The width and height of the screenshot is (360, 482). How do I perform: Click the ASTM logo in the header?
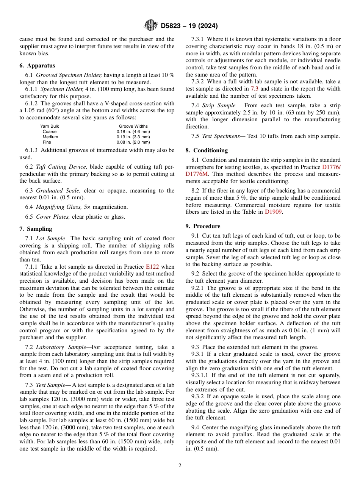(150, 26)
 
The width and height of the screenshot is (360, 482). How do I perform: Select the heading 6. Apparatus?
(37, 66)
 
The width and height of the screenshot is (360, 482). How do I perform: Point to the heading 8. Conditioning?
(207, 150)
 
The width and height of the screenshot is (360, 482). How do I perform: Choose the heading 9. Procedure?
(203, 226)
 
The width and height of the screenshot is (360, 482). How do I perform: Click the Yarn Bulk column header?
(50, 126)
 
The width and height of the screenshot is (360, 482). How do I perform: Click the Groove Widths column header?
(133, 126)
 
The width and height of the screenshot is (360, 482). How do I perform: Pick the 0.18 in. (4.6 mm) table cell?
(133, 131)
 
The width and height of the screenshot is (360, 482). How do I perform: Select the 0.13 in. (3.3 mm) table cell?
(133, 137)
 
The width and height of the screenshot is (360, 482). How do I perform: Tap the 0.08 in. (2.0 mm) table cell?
(133, 142)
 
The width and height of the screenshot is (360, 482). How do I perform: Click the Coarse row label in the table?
(50, 131)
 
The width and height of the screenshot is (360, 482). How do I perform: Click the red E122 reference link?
(152, 267)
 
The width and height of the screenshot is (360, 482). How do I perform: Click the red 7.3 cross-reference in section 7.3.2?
(254, 89)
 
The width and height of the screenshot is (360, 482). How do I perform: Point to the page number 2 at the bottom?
(180, 466)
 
